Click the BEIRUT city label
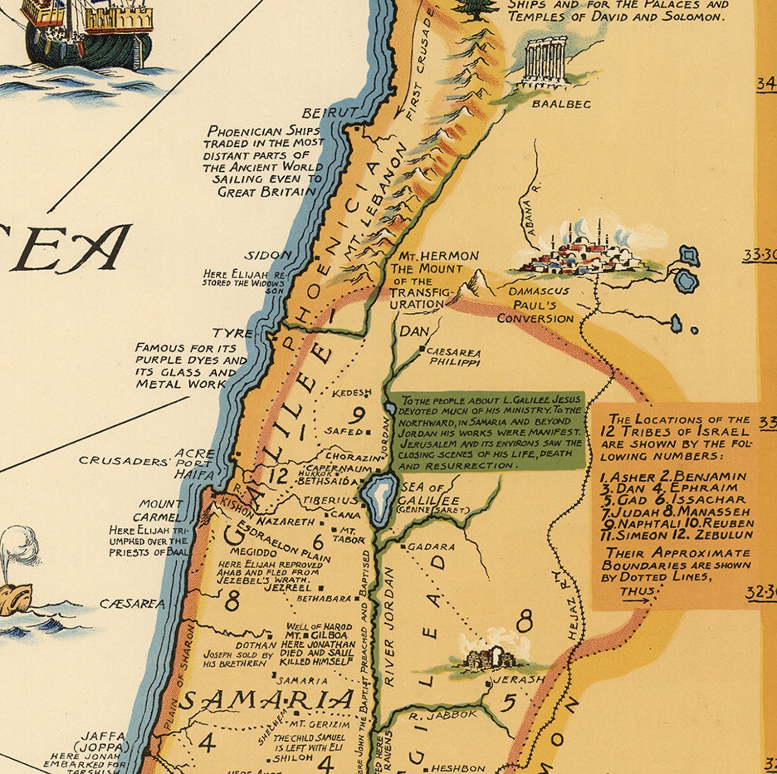coord(329,113)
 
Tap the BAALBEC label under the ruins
coord(561,104)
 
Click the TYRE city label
coord(232,333)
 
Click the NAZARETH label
coord(286,522)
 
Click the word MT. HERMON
coord(438,256)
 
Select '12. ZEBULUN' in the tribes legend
coord(719,535)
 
